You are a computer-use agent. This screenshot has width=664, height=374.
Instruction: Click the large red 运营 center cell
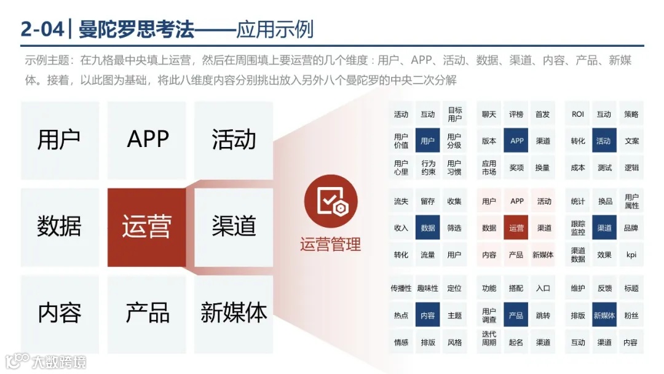point(146,227)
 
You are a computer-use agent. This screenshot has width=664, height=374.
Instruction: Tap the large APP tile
point(148,140)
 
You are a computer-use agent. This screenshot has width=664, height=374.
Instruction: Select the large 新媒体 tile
point(234,313)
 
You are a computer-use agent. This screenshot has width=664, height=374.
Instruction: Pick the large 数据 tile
point(59,227)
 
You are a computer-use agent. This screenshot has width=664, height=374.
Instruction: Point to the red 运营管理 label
point(330,245)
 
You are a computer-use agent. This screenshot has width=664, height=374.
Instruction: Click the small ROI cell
point(578,114)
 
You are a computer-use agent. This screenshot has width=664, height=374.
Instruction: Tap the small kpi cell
point(631,255)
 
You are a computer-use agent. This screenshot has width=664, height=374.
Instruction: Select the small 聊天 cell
point(489,114)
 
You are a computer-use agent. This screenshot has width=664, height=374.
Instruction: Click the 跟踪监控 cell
point(578,228)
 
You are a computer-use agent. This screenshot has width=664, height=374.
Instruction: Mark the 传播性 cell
point(401,288)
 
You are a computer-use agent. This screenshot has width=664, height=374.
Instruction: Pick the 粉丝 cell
point(631,316)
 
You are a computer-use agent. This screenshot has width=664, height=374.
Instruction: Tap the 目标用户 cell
point(454,114)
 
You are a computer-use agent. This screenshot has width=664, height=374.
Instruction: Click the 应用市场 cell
point(489,168)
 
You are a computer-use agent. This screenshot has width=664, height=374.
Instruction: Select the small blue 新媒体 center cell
point(604,316)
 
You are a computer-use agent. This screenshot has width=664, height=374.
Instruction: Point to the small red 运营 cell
point(516,228)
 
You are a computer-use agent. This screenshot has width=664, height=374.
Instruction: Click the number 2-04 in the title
point(42,29)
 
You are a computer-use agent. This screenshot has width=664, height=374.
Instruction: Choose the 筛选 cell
point(454,228)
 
